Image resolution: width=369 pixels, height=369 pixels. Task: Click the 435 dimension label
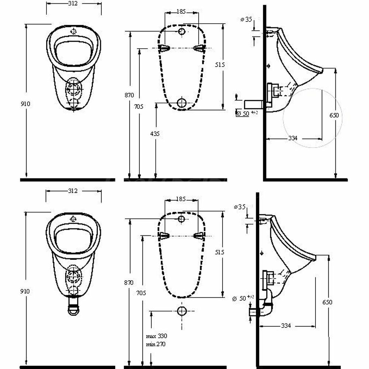click(155, 134)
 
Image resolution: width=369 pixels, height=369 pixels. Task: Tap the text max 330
click(156, 336)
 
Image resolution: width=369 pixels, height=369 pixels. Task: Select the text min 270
click(156, 344)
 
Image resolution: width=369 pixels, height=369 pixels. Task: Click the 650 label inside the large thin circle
click(334, 115)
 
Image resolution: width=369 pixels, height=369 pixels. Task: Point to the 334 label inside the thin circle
click(293, 138)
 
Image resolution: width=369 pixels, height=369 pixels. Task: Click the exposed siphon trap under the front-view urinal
click(73, 306)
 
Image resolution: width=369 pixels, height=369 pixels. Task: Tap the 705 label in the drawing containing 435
click(139, 107)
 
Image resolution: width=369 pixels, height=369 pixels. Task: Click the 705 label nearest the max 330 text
click(141, 293)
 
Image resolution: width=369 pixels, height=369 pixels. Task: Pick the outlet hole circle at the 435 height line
click(182, 103)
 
